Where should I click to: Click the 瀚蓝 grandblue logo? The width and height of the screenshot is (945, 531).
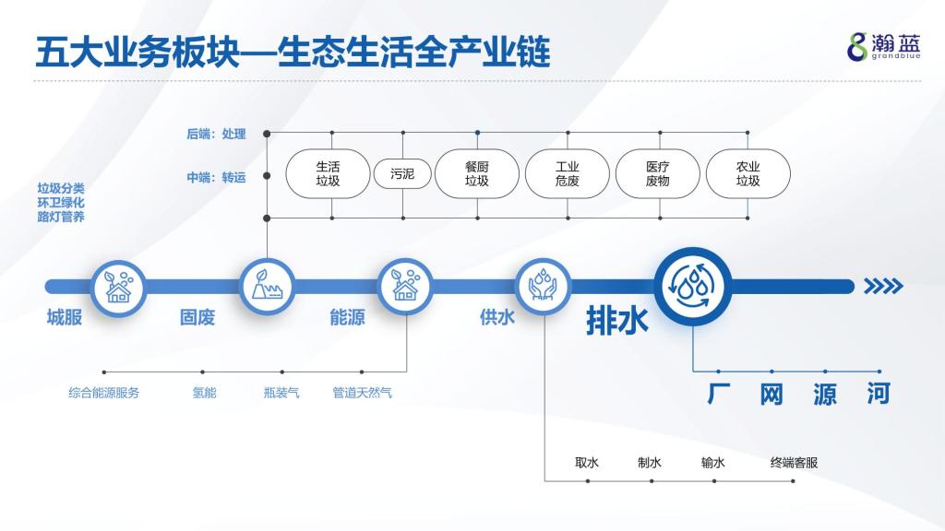click(x=884, y=47)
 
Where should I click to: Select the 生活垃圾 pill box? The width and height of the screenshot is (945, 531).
click(x=328, y=174)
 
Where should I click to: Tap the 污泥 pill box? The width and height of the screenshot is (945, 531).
click(x=402, y=174)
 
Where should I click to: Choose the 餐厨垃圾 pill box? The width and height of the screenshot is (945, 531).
click(x=477, y=174)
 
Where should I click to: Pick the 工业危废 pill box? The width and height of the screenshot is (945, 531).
click(x=568, y=174)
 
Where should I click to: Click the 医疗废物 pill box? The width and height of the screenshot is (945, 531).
click(x=657, y=174)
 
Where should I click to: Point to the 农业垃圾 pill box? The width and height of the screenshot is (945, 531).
click(x=748, y=174)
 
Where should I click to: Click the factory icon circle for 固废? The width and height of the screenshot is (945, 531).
click(x=267, y=287)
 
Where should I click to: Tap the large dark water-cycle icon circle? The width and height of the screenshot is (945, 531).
click(x=693, y=287)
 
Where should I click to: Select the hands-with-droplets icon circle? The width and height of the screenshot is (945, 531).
click(x=543, y=287)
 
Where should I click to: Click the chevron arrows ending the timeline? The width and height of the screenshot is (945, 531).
click(x=883, y=286)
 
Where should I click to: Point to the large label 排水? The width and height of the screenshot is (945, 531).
click(x=617, y=320)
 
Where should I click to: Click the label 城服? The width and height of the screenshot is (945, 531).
click(x=65, y=317)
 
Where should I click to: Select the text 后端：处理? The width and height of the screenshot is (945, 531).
click(x=216, y=134)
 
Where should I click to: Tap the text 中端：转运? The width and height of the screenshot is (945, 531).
click(x=216, y=177)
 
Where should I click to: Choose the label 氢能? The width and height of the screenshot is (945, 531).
click(x=204, y=393)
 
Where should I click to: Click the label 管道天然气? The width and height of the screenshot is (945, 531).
click(x=362, y=393)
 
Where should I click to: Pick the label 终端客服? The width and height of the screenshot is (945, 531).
click(x=795, y=463)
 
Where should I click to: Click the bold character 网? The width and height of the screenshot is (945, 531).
click(x=772, y=395)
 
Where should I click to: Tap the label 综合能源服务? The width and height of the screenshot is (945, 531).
click(x=103, y=393)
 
